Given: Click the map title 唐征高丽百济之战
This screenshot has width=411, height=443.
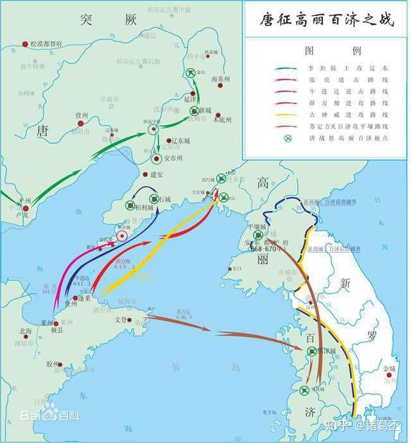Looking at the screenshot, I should point(325,19).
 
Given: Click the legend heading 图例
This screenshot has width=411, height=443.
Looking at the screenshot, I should point(325,49).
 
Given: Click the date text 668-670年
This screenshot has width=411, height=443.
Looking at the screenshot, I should point(255,248).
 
